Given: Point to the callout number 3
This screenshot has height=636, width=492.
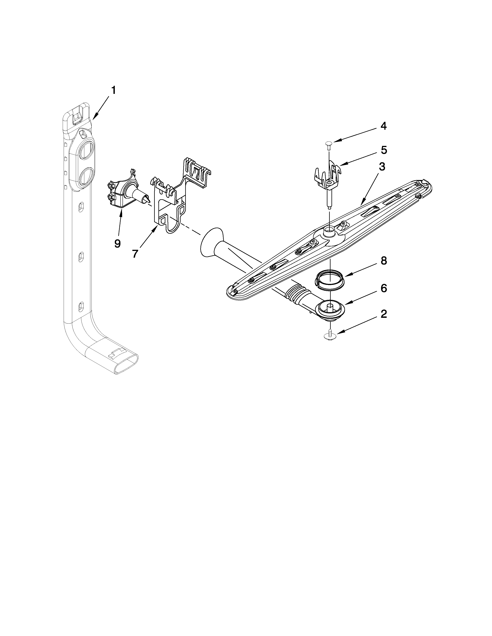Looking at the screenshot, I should pyautogui.click(x=382, y=167).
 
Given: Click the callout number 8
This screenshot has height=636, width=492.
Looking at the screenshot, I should pyautogui.click(x=384, y=261).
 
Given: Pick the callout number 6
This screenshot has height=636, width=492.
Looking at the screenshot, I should pyautogui.click(x=384, y=288).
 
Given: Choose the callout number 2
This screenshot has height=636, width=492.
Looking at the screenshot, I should pyautogui.click(x=384, y=314).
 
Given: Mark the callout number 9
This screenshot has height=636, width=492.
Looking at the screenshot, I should pyautogui.click(x=117, y=243).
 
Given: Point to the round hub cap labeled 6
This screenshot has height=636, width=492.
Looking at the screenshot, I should pyautogui.click(x=330, y=310).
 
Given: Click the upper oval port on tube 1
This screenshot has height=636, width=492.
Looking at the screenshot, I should pyautogui.click(x=87, y=151).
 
